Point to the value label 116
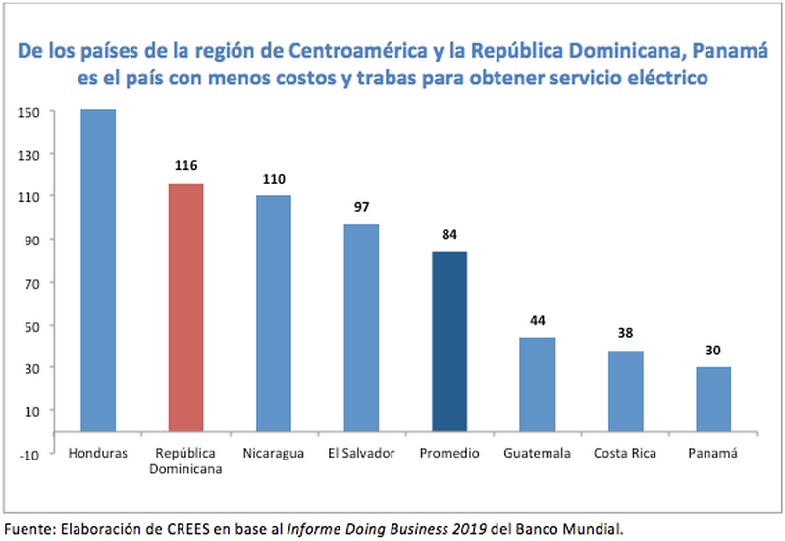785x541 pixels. point(186,167)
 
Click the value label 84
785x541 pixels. point(449,235)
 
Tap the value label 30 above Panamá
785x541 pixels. point(713,351)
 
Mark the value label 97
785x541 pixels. point(362,207)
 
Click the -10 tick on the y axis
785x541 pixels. point(28,454)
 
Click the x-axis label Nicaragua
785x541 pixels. point(274,453)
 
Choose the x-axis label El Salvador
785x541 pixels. point(362,453)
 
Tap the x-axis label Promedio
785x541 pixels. point(449,453)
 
